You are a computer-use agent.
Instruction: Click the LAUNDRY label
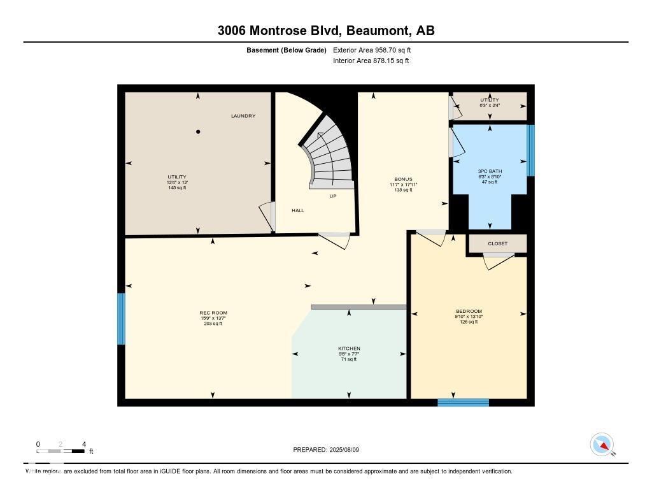(243, 116)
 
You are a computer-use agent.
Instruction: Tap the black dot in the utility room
(198, 132)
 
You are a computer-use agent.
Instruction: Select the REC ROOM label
(213, 313)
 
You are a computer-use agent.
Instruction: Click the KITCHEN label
(349, 349)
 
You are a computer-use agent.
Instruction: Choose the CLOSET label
(498, 243)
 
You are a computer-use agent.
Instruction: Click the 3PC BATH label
(490, 171)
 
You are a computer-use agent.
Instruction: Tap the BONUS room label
(403, 180)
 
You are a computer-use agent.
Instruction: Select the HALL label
(298, 210)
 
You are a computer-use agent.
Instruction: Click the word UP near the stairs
(332, 196)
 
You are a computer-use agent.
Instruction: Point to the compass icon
(602, 444)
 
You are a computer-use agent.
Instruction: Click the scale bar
(60, 451)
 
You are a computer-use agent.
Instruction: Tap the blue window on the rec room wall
(121, 319)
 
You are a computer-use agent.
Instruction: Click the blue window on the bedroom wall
(463, 402)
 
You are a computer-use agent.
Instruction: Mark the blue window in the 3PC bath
(530, 150)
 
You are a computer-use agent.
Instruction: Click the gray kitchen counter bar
(358, 307)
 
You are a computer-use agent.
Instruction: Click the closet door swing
(497, 261)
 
